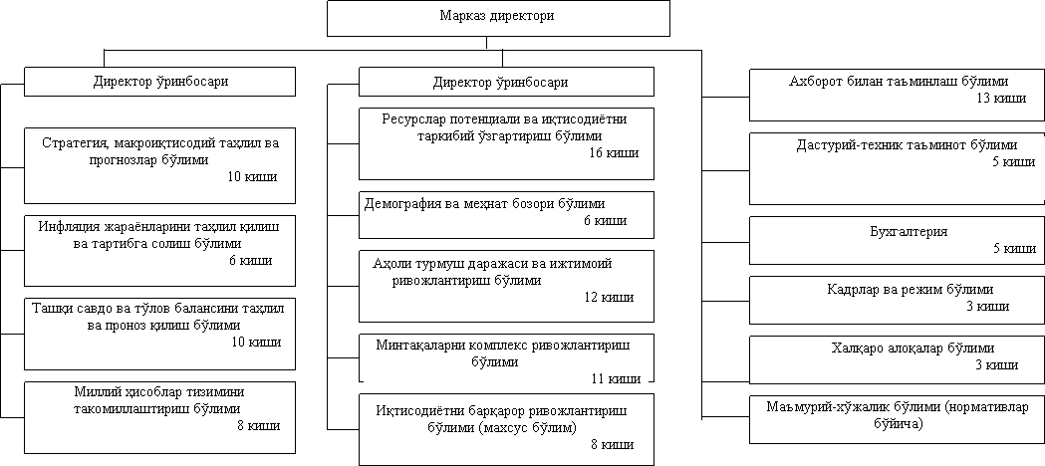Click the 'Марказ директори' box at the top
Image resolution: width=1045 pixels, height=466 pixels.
498,18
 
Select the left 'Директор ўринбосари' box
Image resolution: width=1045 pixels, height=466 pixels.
159,82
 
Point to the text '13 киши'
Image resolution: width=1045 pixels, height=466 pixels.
1000,98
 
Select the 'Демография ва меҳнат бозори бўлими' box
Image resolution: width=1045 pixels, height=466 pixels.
506,212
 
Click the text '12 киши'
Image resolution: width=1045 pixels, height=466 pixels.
608,297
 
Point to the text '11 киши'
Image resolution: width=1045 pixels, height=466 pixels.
614,378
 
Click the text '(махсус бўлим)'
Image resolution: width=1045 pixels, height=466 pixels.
529,427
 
